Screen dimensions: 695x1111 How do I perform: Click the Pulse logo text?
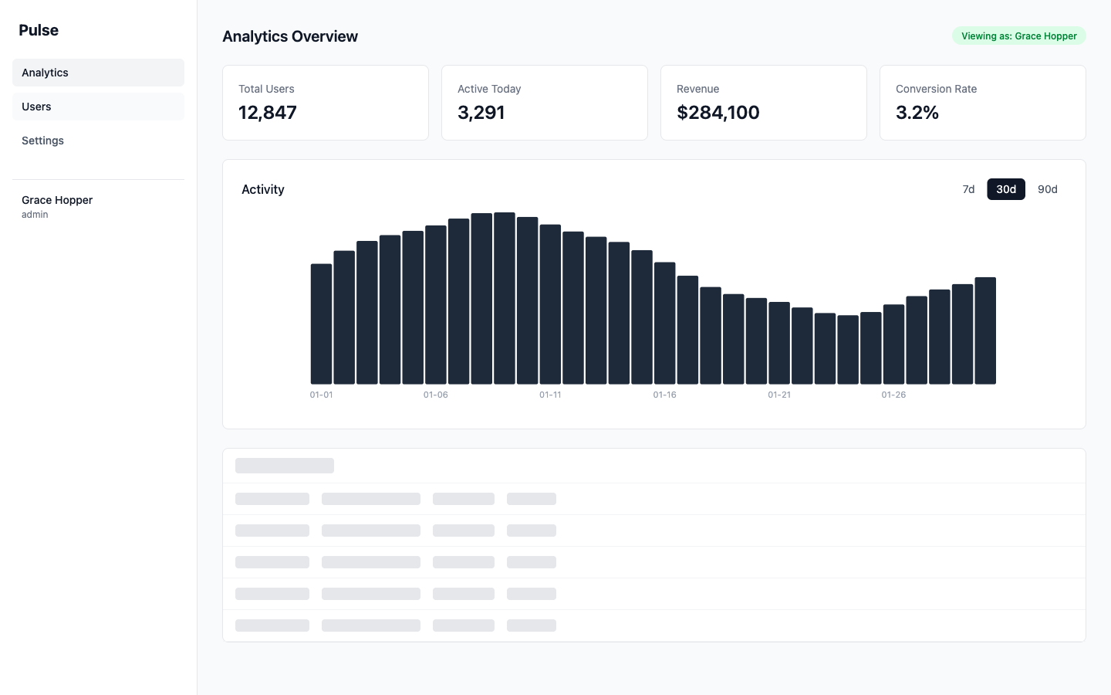click(x=39, y=30)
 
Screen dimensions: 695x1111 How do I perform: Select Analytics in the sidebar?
click(x=45, y=73)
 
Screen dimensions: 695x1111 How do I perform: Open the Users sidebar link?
click(x=36, y=107)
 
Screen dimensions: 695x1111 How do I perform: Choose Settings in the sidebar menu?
click(x=42, y=141)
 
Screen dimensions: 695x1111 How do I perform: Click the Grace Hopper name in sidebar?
click(x=57, y=200)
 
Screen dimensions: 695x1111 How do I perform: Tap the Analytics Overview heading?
click(x=290, y=36)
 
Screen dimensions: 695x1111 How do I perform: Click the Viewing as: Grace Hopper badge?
click(x=1018, y=36)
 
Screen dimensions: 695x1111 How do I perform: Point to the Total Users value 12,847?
click(x=268, y=113)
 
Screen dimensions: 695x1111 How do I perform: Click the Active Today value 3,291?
click(x=481, y=113)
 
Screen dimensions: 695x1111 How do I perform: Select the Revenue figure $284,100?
click(x=718, y=113)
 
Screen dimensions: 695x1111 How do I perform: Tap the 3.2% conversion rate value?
click(x=917, y=113)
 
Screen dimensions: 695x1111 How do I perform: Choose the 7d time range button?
click(x=968, y=189)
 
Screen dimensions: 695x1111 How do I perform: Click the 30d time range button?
click(x=1006, y=189)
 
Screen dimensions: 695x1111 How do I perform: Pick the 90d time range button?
click(x=1047, y=189)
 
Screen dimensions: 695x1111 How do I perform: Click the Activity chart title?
click(x=263, y=189)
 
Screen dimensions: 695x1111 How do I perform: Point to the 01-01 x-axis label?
click(x=321, y=395)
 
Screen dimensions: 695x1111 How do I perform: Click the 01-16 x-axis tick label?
click(x=664, y=395)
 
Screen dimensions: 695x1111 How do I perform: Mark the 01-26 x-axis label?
click(x=893, y=395)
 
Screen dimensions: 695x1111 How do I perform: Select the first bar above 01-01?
click(x=321, y=324)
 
